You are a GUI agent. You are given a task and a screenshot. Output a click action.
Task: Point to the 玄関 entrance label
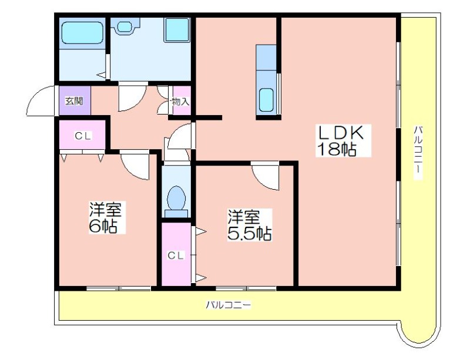click(75, 102)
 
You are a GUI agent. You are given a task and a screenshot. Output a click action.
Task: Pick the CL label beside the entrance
click(83, 136)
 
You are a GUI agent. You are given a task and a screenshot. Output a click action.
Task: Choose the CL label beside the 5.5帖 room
click(175, 255)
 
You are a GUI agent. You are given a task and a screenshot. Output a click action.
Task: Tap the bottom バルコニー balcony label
click(229, 305)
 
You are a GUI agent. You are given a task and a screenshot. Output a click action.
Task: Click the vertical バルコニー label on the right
click(418, 153)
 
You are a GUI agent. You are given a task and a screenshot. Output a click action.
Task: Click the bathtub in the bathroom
click(82, 33)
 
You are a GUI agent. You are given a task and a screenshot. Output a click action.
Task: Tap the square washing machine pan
click(177, 29)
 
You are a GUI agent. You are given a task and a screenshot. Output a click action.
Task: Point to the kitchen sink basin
click(266, 100)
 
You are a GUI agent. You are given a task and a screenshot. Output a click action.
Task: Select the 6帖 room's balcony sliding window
click(119, 288)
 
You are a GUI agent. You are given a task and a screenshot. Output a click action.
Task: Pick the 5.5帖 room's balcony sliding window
click(246, 288)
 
